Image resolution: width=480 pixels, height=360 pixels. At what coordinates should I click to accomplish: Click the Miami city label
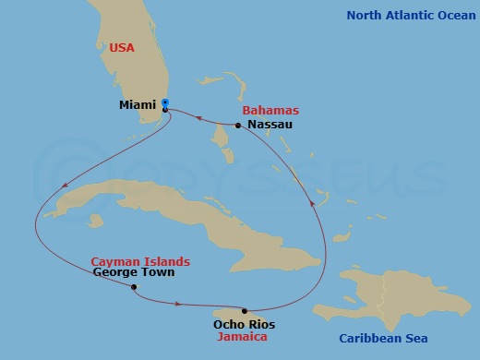click(x=137, y=105)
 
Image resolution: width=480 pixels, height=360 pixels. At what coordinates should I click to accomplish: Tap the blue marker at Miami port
click(x=164, y=102)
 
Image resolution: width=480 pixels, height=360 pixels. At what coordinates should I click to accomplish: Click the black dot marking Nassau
click(x=238, y=126)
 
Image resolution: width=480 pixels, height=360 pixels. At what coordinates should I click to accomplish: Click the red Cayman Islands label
click(x=140, y=261)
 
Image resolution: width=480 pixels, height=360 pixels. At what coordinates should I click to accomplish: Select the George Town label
click(x=134, y=273)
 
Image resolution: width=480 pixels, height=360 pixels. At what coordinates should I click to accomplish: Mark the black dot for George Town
click(x=135, y=286)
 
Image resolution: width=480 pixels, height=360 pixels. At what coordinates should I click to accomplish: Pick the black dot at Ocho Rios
click(x=244, y=311)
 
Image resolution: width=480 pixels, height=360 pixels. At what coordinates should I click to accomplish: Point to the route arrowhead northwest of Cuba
click(x=63, y=189)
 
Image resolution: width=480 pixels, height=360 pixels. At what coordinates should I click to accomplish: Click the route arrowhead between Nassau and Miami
click(x=197, y=115)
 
